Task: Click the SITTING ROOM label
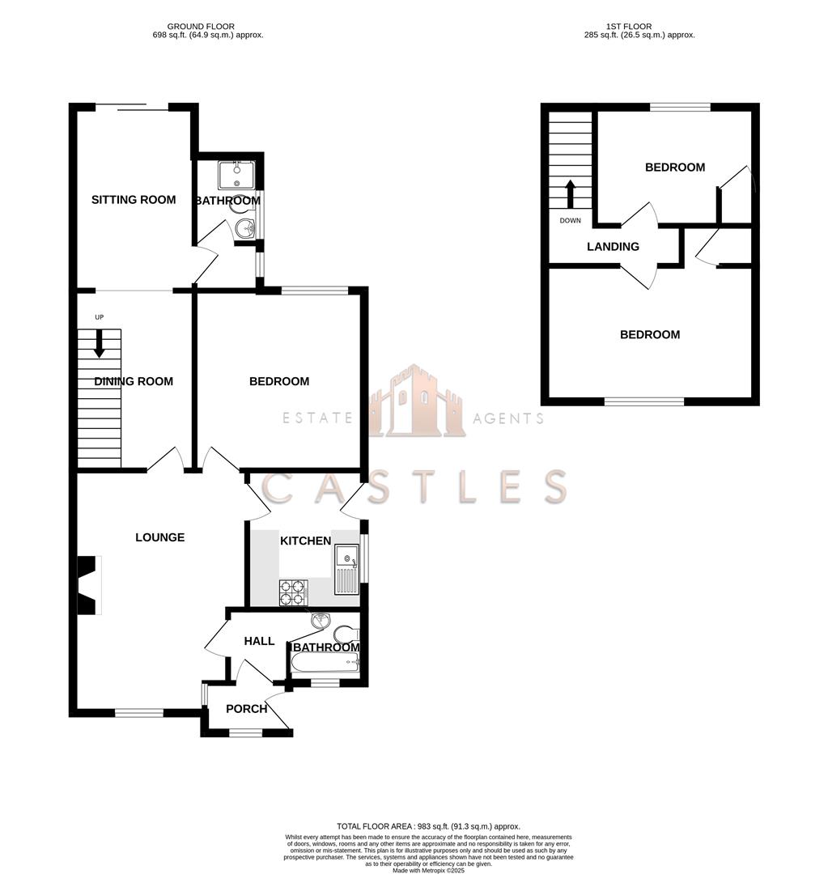134,200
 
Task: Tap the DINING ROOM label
134,381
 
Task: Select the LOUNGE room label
159,537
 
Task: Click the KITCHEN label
305,541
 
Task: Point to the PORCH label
246,709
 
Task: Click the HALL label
259,641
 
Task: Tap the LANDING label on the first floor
613,247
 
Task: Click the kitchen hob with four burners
293,593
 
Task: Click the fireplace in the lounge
87,585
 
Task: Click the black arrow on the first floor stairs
570,193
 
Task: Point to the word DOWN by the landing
570,220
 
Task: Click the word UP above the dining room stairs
100,317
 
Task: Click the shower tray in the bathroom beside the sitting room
236,174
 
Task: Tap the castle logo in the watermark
417,402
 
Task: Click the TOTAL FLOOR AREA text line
417,826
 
